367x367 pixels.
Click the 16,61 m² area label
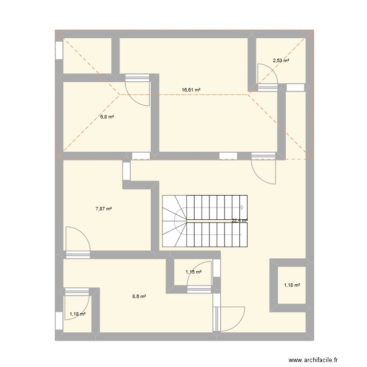point(191,90)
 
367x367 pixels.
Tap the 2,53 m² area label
point(281,60)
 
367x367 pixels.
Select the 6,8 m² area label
point(107,116)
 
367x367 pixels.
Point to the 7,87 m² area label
point(103,209)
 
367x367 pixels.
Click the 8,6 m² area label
point(139,297)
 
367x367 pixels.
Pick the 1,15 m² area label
point(194,272)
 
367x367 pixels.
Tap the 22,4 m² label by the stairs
point(239,221)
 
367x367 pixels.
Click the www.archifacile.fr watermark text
point(313,360)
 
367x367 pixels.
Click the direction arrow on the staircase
point(242,207)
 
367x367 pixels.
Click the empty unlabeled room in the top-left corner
point(87,56)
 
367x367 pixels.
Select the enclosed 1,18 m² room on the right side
point(292,285)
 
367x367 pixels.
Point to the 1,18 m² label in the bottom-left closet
point(77,314)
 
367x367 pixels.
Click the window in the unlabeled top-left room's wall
point(59,50)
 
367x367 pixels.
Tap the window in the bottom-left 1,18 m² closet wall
point(59,321)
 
